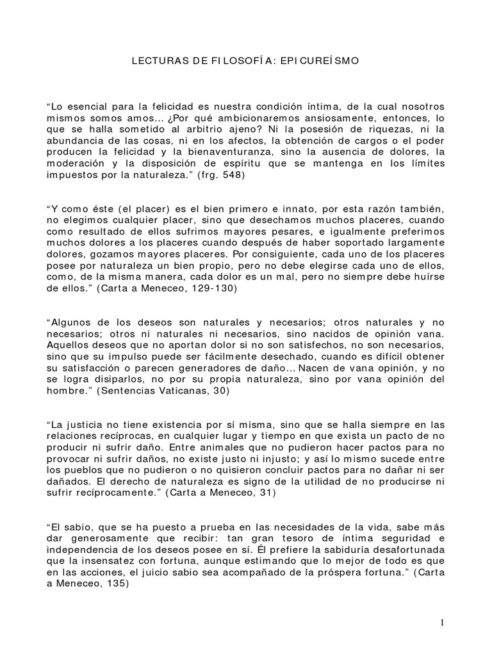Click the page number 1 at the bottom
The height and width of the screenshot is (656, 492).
[442, 623]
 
